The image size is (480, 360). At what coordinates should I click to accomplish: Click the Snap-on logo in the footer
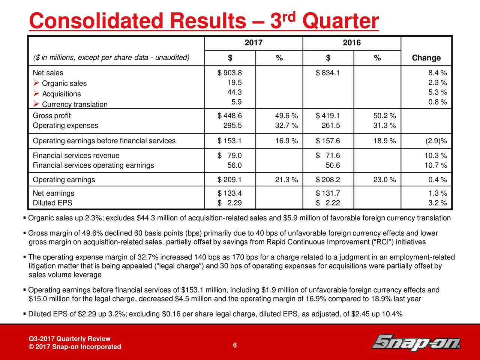click(416, 342)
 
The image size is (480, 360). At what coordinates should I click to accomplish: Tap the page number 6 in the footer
click(235, 345)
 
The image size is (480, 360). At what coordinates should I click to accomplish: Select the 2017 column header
click(253, 42)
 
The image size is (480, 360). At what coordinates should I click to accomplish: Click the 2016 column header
click(352, 42)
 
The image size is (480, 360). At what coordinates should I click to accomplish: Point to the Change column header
click(426, 58)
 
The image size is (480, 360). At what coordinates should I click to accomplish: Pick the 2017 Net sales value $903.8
click(229, 73)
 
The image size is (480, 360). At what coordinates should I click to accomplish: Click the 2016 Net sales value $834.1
click(328, 73)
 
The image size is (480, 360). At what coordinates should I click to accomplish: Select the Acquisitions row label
click(61, 94)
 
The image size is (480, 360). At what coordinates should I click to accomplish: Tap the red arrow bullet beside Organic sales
click(36, 83)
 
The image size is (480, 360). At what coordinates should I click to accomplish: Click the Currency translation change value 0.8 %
click(438, 102)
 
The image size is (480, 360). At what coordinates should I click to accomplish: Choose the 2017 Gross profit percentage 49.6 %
click(286, 115)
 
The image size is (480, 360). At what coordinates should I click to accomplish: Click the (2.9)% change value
click(436, 141)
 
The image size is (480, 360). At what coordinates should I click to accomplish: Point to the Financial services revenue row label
click(76, 155)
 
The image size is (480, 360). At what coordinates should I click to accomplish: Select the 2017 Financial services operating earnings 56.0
click(234, 165)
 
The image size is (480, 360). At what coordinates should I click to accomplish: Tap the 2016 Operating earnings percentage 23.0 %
click(385, 180)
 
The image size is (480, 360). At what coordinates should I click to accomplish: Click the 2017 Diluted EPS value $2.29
click(229, 203)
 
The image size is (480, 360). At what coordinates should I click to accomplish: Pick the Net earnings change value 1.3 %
click(438, 193)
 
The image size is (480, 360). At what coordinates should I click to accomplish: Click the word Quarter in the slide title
click(340, 21)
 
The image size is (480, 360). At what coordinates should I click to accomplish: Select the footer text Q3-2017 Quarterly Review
click(70, 339)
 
